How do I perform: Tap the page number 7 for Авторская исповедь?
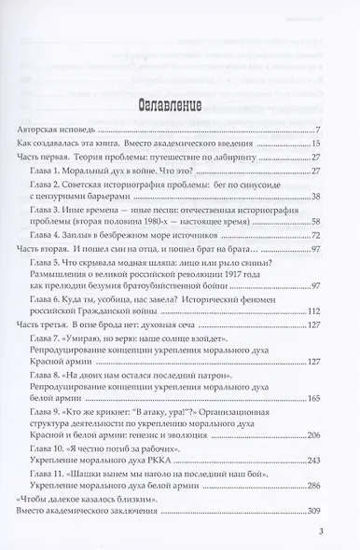coord(318,129)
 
